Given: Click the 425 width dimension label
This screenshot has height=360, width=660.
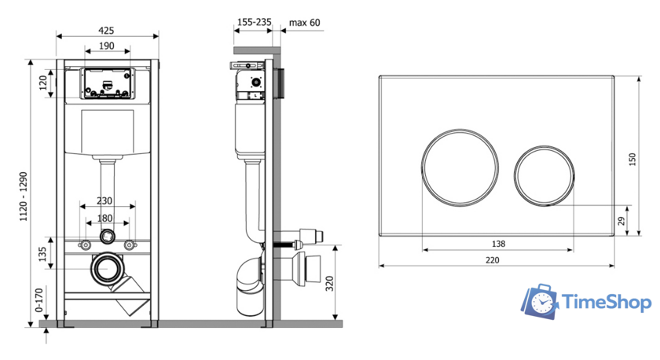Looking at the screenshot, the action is click(106, 31).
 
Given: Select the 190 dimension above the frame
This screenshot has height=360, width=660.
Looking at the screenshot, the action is click(107, 46).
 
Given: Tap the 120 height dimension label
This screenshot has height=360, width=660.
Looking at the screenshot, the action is click(43, 83).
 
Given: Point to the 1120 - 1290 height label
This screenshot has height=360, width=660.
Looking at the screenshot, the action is click(23, 197).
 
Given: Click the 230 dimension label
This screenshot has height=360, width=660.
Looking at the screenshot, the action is click(104, 201).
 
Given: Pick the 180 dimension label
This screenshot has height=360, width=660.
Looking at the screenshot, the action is click(104, 218).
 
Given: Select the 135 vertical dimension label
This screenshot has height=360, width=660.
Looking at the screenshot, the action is click(42, 255).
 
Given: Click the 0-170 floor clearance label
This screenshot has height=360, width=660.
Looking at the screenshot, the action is click(39, 299).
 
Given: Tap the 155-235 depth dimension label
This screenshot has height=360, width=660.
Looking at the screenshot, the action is click(255, 22).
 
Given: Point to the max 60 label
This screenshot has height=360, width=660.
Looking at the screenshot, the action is click(304, 22).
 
